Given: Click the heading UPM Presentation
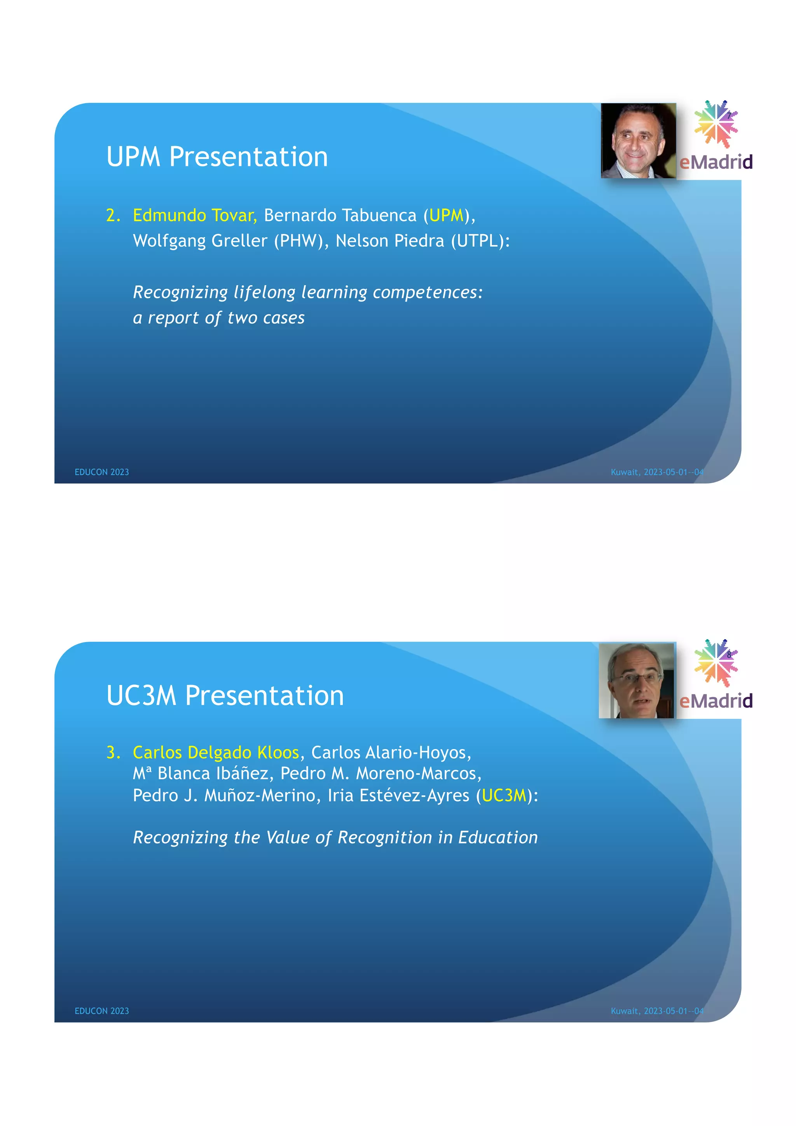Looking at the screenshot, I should point(217,157).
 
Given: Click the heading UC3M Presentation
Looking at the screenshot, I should point(225,695).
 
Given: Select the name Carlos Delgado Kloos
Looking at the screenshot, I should point(216,752).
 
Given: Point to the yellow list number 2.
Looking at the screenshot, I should point(113,215).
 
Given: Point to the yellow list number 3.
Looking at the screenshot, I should point(113,752).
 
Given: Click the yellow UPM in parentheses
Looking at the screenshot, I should point(446,215).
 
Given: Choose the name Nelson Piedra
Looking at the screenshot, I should point(390,241).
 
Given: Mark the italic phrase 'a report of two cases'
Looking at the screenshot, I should point(219,318).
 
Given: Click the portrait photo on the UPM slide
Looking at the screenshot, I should point(638,141).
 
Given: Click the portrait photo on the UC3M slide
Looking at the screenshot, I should point(637,681).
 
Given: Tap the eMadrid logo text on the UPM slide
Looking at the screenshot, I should point(716,162).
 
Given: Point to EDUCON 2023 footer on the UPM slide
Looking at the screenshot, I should point(101,472).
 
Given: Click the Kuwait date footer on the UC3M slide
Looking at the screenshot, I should point(657,1011).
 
